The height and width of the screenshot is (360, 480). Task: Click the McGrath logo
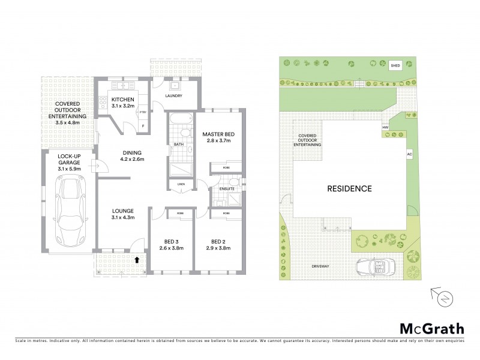pos(431,328)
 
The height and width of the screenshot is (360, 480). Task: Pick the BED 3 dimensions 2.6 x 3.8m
pos(170,248)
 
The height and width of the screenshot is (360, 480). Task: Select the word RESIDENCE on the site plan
pos(349,188)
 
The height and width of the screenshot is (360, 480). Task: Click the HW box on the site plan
pos(385,127)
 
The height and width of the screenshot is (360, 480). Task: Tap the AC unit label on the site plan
pos(409,154)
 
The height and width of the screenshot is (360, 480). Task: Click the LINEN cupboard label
pos(180,185)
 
